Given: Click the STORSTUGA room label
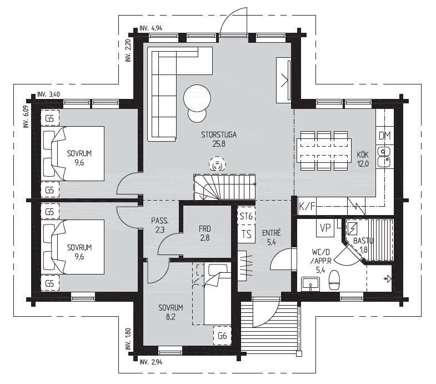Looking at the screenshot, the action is click(219, 135).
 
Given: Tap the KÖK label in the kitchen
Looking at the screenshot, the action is click(363, 154).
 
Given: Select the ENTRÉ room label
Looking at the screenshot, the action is click(272, 233).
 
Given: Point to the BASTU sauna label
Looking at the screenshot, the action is click(363, 241).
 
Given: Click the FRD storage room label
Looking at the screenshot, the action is click(204, 229).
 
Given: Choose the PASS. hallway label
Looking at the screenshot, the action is click(160, 221).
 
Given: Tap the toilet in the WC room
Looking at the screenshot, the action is click(334, 281).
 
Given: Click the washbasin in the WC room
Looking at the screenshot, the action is click(310, 284).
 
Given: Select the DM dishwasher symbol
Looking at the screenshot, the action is click(385, 136).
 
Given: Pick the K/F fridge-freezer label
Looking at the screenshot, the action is click(307, 206).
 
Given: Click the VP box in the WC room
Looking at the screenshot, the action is click(325, 228).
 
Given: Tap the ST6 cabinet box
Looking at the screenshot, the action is click(247, 216).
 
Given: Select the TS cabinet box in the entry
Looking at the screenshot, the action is click(247, 234).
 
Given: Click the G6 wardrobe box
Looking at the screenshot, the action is click(222, 336).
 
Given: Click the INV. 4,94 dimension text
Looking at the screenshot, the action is click(151, 28).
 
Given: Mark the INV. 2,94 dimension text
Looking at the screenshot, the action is click(151, 362).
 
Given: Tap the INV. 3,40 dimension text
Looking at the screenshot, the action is click(48, 94).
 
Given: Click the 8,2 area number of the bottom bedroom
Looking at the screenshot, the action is click(171, 317).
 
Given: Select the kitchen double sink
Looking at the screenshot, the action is click(384, 157).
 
